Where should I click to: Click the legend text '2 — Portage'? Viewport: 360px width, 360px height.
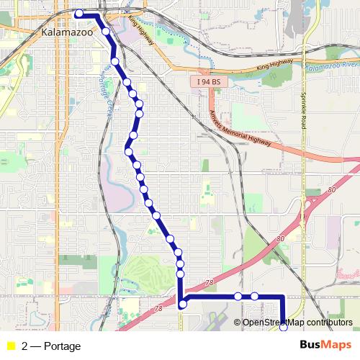click(51, 346)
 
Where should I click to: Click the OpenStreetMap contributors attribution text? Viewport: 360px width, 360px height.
click(297, 322)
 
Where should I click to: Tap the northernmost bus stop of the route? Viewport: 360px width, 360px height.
click(78, 13)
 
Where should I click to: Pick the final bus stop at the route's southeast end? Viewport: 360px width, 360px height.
click(284, 328)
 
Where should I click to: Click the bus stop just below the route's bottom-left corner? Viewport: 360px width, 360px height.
click(183, 305)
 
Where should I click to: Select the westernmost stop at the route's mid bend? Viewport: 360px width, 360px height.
click(127, 151)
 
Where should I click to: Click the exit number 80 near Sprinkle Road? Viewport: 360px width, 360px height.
click(331, 190)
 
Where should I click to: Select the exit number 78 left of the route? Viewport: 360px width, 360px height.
click(158, 308)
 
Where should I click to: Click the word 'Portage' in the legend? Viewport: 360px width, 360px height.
click(62, 346)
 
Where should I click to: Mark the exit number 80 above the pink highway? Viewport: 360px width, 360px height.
click(279, 238)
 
